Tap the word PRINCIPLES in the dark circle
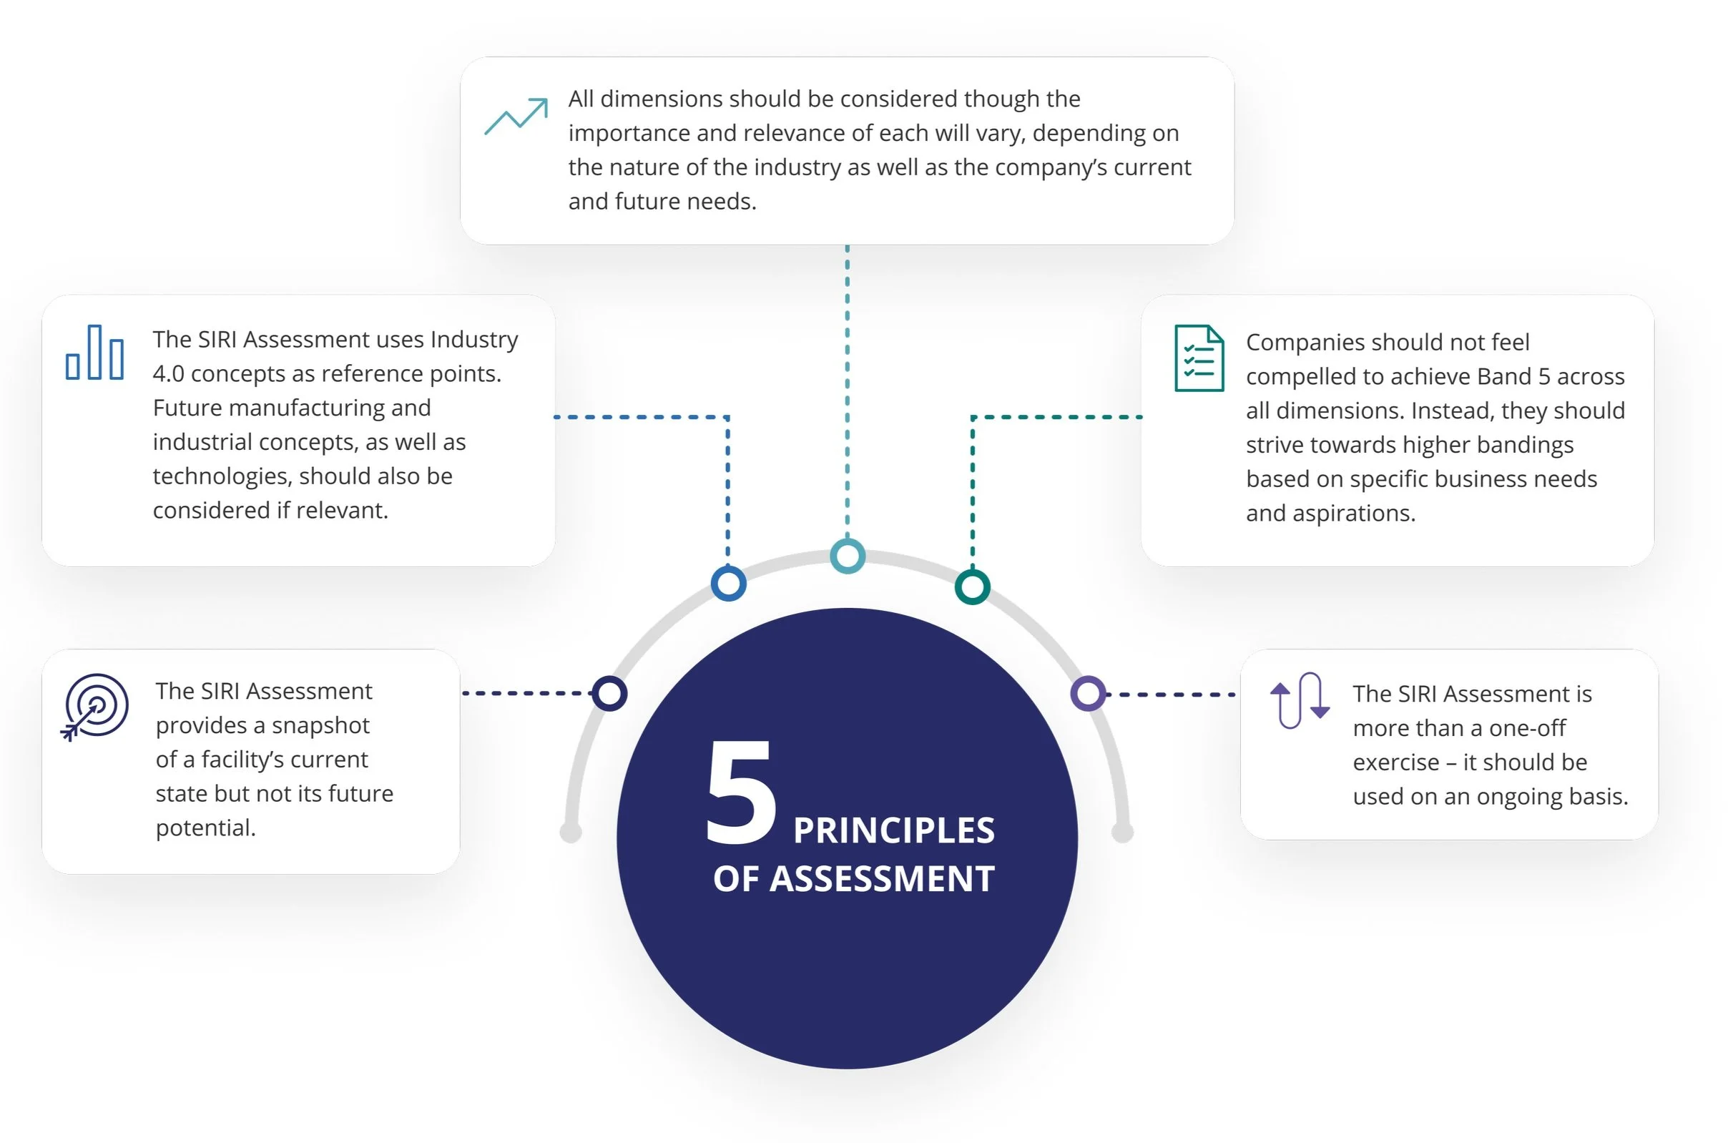tap(893, 831)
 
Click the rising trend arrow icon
tap(516, 117)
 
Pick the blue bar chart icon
tap(94, 353)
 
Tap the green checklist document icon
tap(1199, 358)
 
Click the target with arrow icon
tap(95, 707)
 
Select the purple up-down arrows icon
tap(1300, 700)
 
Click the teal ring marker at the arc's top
tap(848, 556)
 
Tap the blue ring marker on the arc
tap(728, 583)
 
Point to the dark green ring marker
tap(972, 587)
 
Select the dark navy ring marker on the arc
tap(609, 693)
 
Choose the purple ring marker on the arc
tap(1087, 693)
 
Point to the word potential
tap(205, 828)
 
